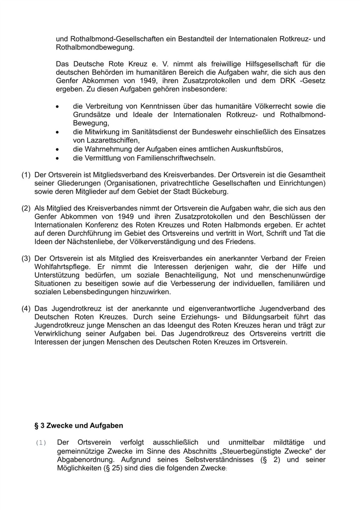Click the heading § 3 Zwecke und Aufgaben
(x=79, y=426)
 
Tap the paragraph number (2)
(x=26, y=208)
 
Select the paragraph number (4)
(x=26, y=308)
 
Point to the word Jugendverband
(x=284, y=308)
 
